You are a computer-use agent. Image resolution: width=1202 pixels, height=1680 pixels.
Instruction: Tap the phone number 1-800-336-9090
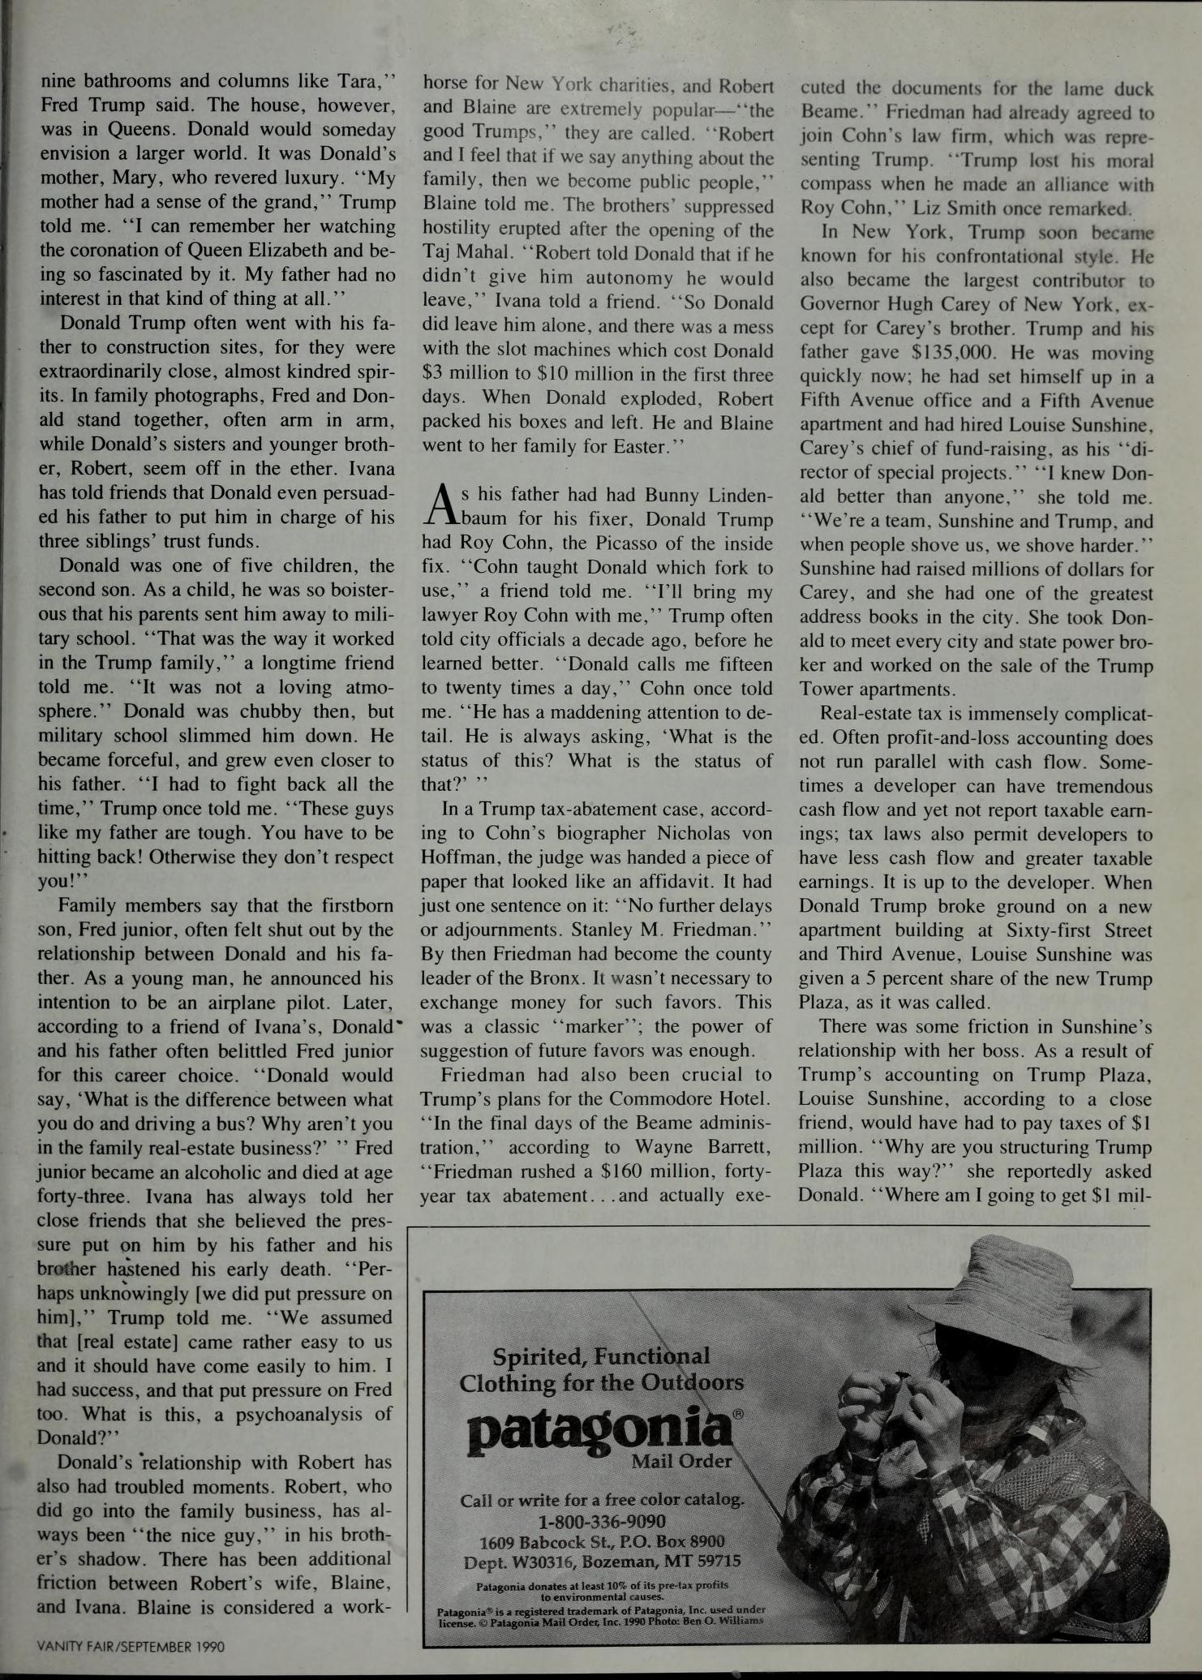click(602, 1520)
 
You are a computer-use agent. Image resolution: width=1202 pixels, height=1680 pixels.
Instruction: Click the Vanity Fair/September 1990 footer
click(131, 1646)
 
